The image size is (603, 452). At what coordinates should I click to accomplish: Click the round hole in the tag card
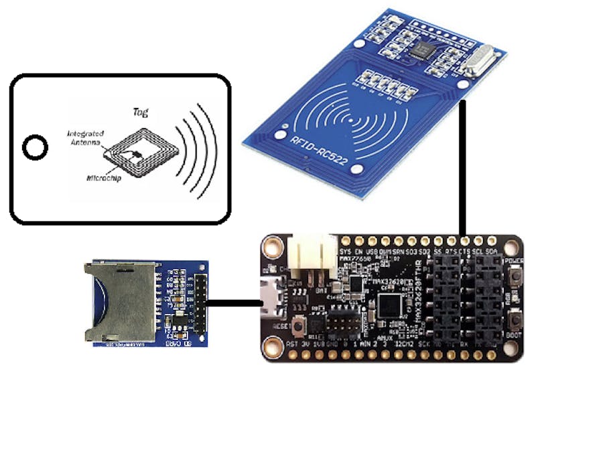pos(35,148)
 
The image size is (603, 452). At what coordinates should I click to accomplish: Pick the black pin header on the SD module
pos(200,305)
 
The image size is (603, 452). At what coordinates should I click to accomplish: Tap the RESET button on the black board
pos(311,326)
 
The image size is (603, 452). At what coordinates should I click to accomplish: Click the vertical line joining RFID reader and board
pos(463,168)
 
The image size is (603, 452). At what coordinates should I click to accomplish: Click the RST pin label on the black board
pos(292,343)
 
